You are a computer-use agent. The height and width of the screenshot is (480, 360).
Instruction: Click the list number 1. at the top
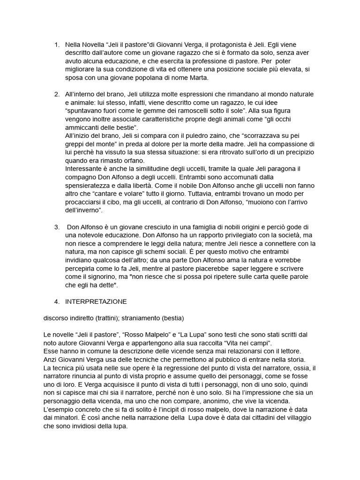[x=57, y=45]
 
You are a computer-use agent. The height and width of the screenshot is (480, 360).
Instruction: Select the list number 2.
[x=57, y=94]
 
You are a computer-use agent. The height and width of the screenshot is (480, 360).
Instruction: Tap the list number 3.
[x=57, y=227]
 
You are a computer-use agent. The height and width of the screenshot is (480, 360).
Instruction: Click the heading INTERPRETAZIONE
[x=96, y=301]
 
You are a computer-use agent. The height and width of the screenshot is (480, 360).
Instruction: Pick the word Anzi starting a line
[x=51, y=360]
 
